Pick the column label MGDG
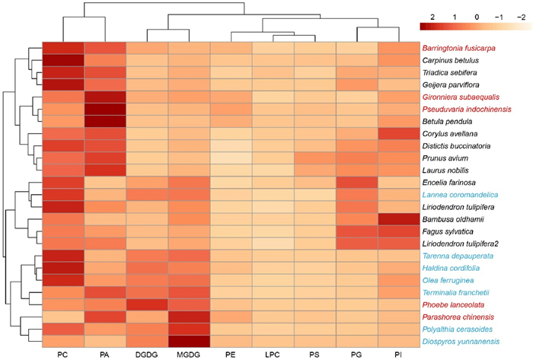189,354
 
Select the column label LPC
273,354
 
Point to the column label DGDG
147,354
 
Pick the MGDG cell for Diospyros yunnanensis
189,341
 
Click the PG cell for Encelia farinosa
356,183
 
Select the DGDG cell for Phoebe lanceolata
147,304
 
